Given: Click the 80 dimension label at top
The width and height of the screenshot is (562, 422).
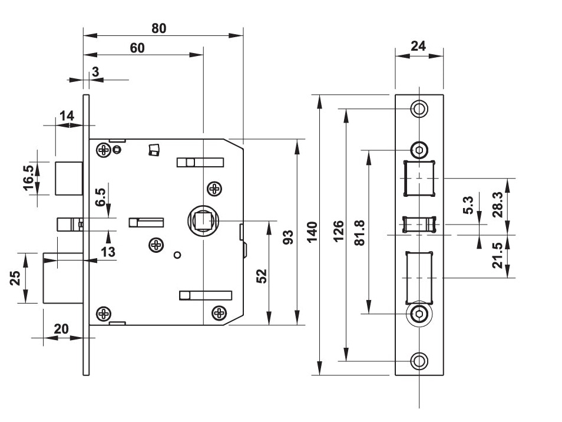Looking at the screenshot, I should [x=159, y=28].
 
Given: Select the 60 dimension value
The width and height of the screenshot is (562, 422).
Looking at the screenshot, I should [x=137, y=48].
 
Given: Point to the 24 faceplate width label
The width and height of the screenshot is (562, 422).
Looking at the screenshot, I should [x=418, y=47].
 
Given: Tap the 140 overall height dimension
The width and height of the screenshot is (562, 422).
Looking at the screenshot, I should [x=312, y=232].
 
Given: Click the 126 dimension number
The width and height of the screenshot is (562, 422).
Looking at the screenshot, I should [x=338, y=232].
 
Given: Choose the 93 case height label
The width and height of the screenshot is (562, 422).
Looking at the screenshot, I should [x=288, y=238].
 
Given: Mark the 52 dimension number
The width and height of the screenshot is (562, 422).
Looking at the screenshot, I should [x=262, y=276].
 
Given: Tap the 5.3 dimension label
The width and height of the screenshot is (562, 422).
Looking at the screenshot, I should [x=469, y=206].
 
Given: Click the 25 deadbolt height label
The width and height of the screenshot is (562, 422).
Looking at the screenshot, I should [x=18, y=278].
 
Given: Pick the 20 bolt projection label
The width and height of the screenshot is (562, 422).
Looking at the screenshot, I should [x=61, y=329].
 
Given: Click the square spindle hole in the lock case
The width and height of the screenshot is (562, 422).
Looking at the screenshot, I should [x=202, y=221].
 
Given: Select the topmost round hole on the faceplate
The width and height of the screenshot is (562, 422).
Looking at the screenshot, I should [x=419, y=109].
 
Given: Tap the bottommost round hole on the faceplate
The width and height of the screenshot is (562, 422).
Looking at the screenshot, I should [x=419, y=361].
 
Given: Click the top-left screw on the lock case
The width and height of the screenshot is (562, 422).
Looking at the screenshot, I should [x=104, y=150].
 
